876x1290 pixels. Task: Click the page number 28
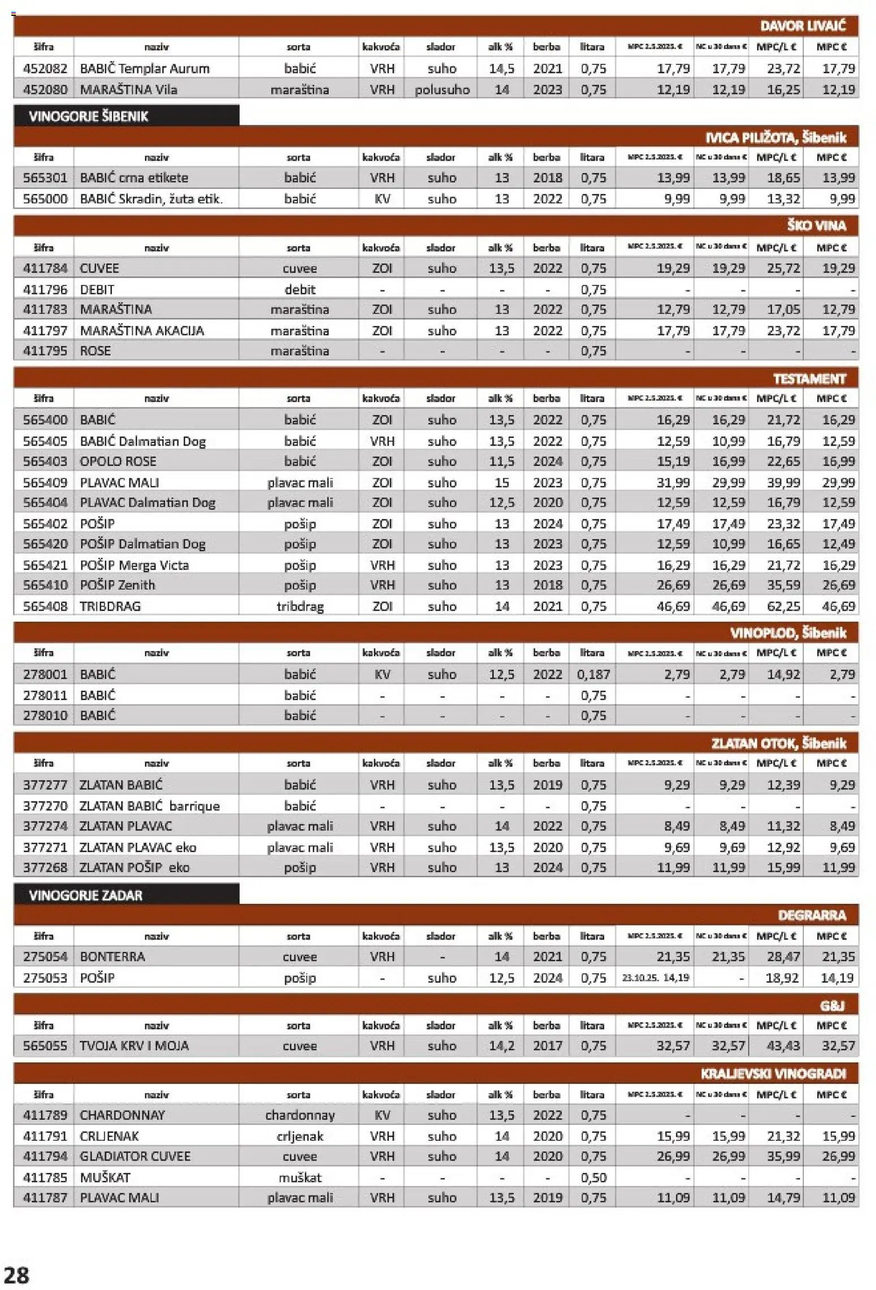(x=16, y=1275)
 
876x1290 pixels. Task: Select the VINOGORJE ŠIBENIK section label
(x=88, y=116)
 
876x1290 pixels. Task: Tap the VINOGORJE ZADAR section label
(x=85, y=895)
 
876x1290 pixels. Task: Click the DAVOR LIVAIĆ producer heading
(x=803, y=26)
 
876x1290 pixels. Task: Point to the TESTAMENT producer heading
(x=809, y=379)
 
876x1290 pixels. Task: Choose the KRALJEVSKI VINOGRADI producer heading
(x=773, y=1073)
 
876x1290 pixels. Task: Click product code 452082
(x=45, y=69)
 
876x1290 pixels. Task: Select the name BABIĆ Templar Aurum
(x=145, y=69)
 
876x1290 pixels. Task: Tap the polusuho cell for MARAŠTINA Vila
(x=442, y=90)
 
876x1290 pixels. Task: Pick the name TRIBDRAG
(x=110, y=606)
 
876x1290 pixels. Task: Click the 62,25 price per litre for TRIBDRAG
(x=783, y=606)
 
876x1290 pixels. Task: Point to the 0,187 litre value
(x=593, y=674)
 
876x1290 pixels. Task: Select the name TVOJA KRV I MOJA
(x=134, y=1046)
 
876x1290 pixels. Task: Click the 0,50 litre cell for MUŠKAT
(x=593, y=1178)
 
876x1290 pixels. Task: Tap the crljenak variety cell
(x=300, y=1136)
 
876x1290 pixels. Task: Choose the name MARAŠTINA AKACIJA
(x=142, y=330)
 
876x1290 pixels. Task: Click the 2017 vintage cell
(x=547, y=1046)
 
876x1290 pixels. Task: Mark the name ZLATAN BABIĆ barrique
(x=150, y=806)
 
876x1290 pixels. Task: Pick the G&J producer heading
(x=832, y=1005)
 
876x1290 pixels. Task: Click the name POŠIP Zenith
(x=118, y=585)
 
